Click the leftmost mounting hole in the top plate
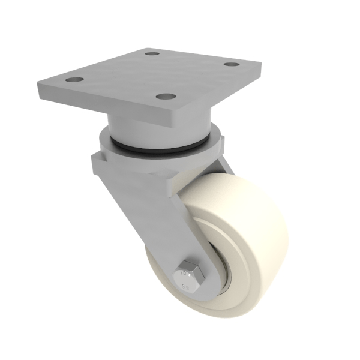(x=73, y=80)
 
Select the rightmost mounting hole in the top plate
(x=232, y=64)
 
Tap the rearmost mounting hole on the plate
(x=153, y=53)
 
